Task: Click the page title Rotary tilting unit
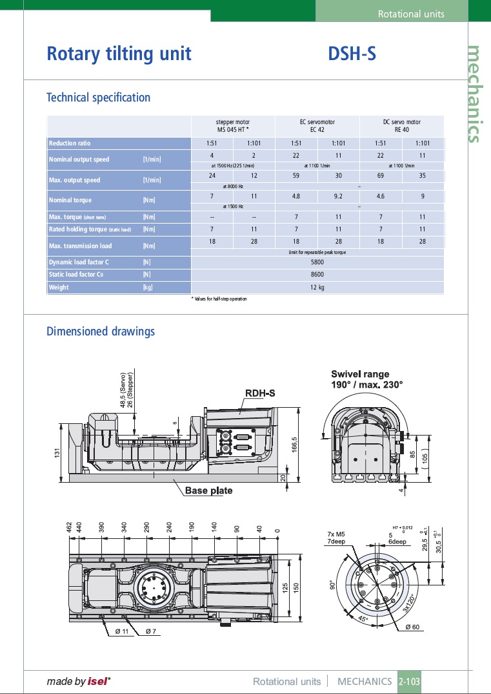[x=119, y=54]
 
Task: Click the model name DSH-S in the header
[x=352, y=54]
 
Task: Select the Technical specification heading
[x=98, y=98]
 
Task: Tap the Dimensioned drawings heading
[x=101, y=331]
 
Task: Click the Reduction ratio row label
[x=70, y=143]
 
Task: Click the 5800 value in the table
[x=317, y=262]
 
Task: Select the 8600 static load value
[x=317, y=275]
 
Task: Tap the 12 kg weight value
[x=317, y=287]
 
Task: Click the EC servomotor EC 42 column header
[x=317, y=125]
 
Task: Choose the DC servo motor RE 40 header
[x=401, y=125]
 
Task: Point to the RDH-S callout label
[x=260, y=393]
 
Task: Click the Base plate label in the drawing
[x=208, y=490]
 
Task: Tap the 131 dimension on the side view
[x=57, y=454]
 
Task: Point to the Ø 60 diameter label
[x=412, y=627]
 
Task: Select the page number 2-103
[x=409, y=681]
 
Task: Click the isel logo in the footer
[x=99, y=681]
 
